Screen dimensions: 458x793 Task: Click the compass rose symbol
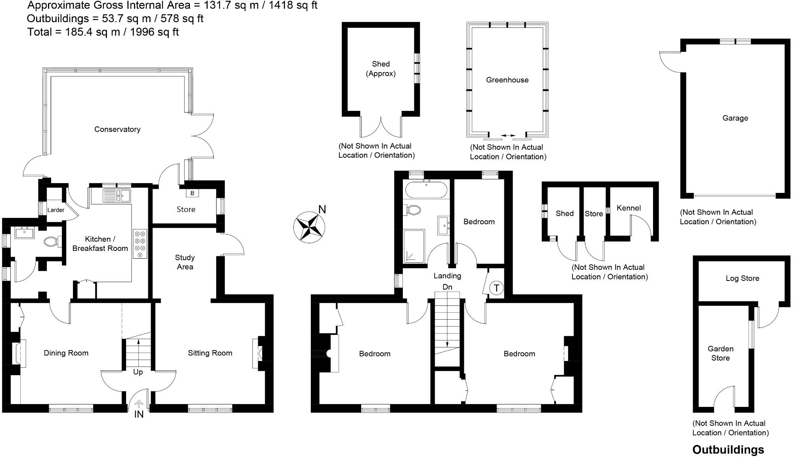coord(309,227)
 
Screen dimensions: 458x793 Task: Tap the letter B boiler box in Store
coord(192,193)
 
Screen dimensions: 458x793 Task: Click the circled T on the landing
coord(496,288)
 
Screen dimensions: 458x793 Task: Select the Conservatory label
coord(117,129)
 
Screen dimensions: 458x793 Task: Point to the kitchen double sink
coord(117,195)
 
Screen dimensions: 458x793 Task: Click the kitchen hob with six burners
coord(140,244)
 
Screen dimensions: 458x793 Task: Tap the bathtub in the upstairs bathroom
coord(426,189)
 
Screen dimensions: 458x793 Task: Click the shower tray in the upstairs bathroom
coord(414,246)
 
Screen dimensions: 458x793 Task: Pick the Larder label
coord(56,210)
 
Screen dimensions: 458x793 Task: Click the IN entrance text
coord(139,414)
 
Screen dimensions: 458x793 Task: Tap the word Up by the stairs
coord(138,372)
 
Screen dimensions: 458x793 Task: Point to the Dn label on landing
coord(447,287)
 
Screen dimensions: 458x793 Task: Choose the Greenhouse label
coord(507,80)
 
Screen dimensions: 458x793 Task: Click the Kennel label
coord(628,208)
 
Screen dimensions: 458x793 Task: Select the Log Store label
coord(742,278)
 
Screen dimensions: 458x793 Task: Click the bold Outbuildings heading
coord(728,450)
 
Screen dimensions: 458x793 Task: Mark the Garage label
coord(735,118)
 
